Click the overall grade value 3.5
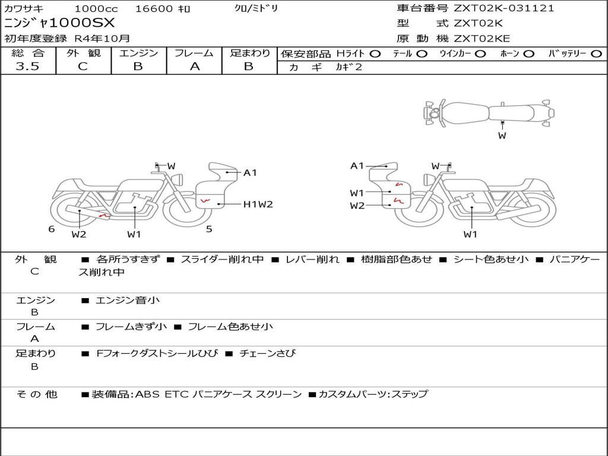click(27, 66)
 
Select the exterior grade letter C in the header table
click(83, 66)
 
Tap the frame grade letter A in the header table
click(195, 66)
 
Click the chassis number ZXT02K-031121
click(503, 8)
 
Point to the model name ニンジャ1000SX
click(60, 23)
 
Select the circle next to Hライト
click(375, 54)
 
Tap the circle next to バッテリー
click(597, 54)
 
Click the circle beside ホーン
click(528, 54)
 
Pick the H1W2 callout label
click(258, 204)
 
